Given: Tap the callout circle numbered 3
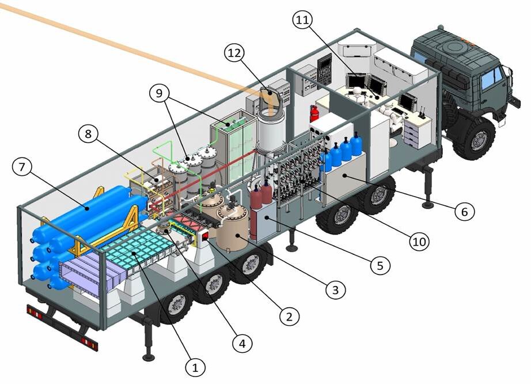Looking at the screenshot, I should click(336, 290).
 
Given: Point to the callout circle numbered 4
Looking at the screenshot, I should click(242, 343).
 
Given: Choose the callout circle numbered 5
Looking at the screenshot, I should click(380, 265).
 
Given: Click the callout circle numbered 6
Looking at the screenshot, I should click(464, 212).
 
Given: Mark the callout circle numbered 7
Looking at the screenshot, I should click(22, 168).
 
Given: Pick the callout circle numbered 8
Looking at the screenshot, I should click(88, 134).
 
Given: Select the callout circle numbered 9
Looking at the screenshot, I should click(159, 92).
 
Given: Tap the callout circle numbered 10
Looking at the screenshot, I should click(419, 241).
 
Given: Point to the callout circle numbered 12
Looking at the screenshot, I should click(234, 54).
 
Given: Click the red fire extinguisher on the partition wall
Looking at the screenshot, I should click(314, 113).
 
